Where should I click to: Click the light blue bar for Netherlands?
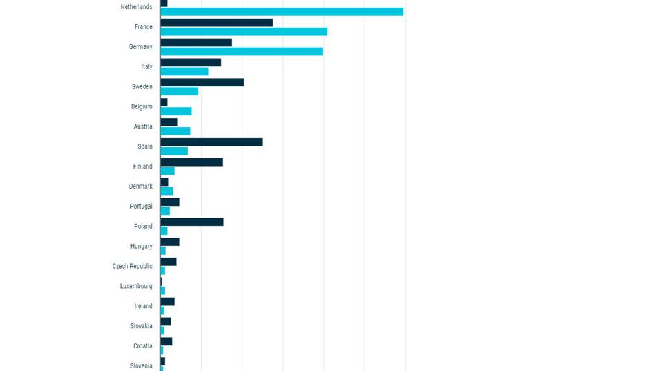[282, 12]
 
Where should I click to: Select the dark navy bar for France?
[216, 23]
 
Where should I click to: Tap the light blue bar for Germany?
[242, 52]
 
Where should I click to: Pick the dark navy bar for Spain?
[211, 142]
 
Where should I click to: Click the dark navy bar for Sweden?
[202, 83]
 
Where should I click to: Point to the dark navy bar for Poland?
[192, 222]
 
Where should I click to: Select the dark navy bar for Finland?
[191, 162]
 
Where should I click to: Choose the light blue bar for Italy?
[184, 72]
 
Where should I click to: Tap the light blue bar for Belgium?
[176, 111]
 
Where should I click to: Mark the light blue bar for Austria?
[175, 131]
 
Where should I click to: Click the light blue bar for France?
[244, 32]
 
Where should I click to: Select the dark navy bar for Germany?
[196, 43]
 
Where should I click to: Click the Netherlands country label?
[136, 7]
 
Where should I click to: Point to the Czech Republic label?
[132, 266]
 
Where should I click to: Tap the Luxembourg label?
[136, 286]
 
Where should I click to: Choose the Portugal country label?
[141, 207]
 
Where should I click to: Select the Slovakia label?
[141, 326]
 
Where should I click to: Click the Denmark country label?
[140, 187]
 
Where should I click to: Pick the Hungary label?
[141, 247]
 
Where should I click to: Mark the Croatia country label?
[142, 346]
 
